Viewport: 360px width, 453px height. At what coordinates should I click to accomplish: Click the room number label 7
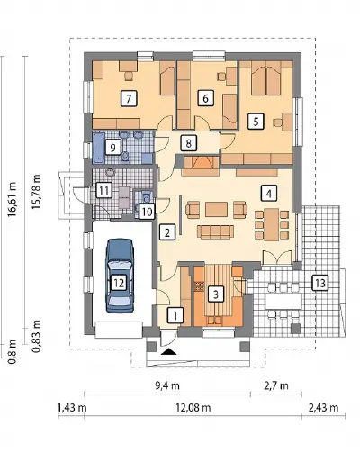[129, 98]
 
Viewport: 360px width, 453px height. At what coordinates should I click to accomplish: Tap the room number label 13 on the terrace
[320, 283]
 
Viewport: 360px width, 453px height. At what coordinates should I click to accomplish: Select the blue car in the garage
[119, 276]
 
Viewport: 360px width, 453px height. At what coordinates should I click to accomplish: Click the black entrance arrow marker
[168, 351]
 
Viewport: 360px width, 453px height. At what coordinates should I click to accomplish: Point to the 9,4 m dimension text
[167, 385]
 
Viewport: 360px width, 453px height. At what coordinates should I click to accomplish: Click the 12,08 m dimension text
[193, 407]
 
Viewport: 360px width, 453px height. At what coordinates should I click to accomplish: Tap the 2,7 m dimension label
[276, 385]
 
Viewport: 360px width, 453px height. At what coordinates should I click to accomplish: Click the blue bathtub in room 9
[99, 149]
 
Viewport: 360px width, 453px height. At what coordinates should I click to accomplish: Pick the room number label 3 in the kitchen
[216, 294]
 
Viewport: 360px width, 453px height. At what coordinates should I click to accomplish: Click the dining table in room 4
[272, 225]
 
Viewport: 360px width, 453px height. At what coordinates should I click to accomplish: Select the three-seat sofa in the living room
[215, 231]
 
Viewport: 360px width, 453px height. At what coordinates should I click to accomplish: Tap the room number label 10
[147, 212]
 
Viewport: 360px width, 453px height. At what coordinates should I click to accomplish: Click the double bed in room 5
[266, 77]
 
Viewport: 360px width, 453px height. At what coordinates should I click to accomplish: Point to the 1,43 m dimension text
[72, 407]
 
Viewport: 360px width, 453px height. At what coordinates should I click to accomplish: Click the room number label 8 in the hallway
[188, 143]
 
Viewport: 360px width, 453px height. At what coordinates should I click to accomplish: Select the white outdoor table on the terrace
[283, 301]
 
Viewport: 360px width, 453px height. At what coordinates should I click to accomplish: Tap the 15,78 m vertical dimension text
[36, 191]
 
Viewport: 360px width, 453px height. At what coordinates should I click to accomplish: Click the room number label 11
[103, 190]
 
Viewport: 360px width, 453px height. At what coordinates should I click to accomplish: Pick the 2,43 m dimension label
[323, 407]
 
